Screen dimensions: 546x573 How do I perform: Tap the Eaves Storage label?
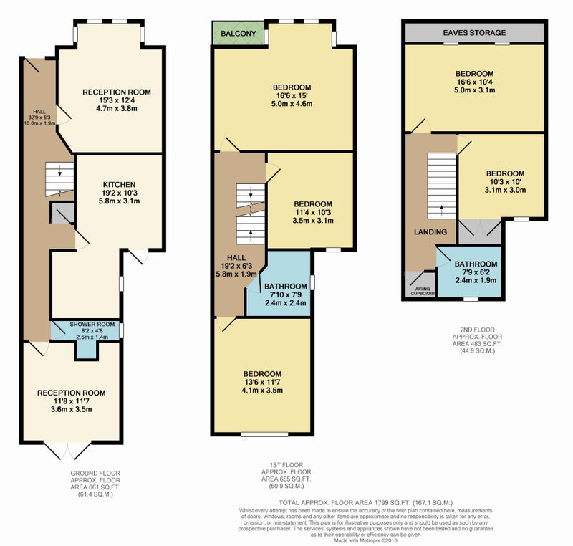pos(473,33)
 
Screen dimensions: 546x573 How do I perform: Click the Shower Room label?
pos(87,325)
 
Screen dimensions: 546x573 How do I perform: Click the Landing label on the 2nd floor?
pos(430,231)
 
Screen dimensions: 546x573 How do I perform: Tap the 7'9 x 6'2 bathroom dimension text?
pos(476,272)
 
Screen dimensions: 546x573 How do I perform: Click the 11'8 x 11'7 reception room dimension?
pos(71,401)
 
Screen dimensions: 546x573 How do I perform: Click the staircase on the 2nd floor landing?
pos(441,183)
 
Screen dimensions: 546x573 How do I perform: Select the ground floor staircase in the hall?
pos(57,177)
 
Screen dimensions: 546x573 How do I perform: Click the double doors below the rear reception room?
pos(68,450)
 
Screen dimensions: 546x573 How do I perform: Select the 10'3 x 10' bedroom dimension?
pos(505,181)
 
